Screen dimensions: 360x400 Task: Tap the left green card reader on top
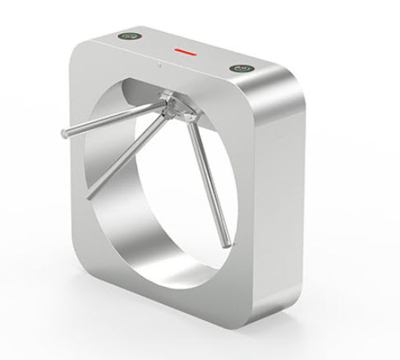coord(129,36)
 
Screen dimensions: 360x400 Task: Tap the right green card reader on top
coord(242,69)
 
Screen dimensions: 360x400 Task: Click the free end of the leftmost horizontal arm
coord(60,133)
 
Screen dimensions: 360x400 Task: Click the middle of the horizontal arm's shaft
coord(111,119)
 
